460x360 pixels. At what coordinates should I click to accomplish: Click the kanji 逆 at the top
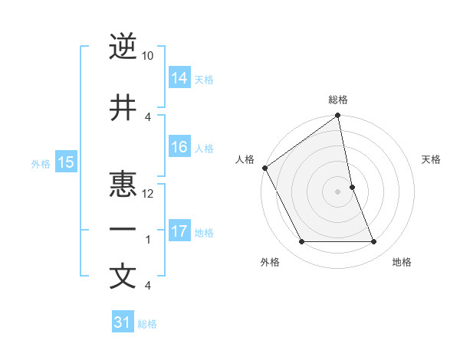[123, 47]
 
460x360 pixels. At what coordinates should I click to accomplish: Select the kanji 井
[123, 108]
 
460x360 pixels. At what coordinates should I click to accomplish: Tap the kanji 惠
[123, 185]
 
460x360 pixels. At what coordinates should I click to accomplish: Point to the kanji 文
[123, 276]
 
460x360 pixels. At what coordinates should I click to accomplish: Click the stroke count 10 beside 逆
[148, 56]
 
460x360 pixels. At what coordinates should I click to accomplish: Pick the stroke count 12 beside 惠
[148, 194]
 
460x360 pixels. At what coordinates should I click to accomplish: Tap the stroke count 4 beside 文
[148, 286]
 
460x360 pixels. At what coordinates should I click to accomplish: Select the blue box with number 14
[179, 77]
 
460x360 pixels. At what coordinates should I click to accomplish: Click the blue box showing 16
[179, 147]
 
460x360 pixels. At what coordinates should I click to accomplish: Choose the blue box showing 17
[179, 231]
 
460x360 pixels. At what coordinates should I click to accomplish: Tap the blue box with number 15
[65, 162]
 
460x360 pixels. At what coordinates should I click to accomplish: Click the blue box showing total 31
[123, 322]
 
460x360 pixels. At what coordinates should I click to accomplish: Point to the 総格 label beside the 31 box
[147, 324]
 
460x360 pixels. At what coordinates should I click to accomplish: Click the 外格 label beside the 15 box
[41, 163]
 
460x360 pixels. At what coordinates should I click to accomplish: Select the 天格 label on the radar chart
[432, 159]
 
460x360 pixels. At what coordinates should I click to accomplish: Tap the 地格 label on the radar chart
[402, 262]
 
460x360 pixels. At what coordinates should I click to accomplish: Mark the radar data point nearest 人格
[264, 168]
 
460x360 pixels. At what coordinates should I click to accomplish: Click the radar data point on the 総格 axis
[338, 116]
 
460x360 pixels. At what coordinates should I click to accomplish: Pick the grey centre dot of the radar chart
[338, 191]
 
